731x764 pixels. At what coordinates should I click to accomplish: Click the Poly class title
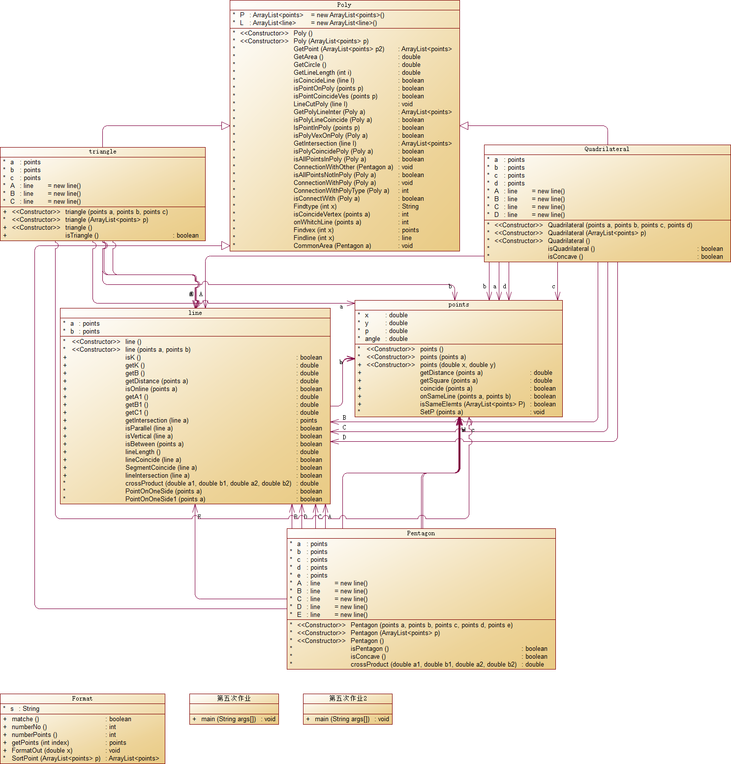pyautogui.click(x=344, y=5)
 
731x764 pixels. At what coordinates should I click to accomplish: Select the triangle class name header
pyautogui.click(x=103, y=152)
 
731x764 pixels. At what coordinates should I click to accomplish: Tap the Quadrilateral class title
pyautogui.click(x=607, y=149)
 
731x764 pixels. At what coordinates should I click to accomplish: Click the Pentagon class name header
pyautogui.click(x=421, y=533)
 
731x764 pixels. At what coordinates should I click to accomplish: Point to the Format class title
pyautogui.click(x=82, y=699)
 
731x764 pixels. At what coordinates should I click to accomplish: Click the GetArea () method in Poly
pyautogui.click(x=308, y=57)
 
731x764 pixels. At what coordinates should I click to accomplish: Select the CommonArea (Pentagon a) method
pyautogui.click(x=332, y=246)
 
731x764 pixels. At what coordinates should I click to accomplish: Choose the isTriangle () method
pyautogui.click(x=82, y=236)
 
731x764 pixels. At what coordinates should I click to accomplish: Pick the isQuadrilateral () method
pyautogui.click(x=571, y=249)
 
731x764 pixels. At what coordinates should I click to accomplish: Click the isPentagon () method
pyautogui.click(x=369, y=649)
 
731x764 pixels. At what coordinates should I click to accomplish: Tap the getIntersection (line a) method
pyautogui.click(x=156, y=421)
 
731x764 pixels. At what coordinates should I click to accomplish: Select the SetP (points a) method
pyautogui.click(x=441, y=412)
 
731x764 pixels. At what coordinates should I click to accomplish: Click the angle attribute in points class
pyautogui.click(x=372, y=339)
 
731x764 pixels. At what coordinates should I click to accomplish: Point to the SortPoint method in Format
pyautogui.click(x=56, y=759)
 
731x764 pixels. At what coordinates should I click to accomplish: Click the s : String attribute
pyautogui.click(x=25, y=709)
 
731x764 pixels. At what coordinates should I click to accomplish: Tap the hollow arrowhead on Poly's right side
pyautogui.click(x=464, y=126)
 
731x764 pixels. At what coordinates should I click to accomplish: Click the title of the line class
pyautogui.click(x=195, y=313)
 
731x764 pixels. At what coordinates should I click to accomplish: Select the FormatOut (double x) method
pyautogui.click(x=42, y=751)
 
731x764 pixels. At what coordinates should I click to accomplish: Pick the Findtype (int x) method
pyautogui.click(x=315, y=207)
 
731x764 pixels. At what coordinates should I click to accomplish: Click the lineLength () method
pyautogui.click(x=143, y=452)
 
